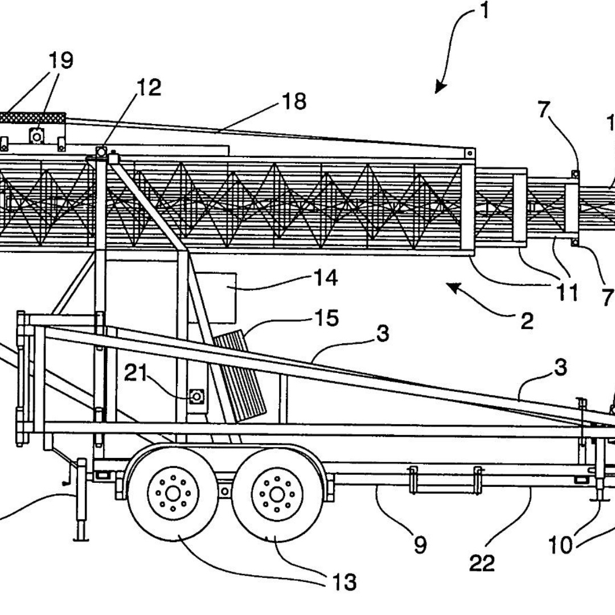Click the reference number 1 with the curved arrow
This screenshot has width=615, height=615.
[484, 11]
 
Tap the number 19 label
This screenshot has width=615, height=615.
[60, 60]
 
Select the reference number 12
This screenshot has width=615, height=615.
[149, 88]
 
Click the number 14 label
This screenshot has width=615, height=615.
[325, 278]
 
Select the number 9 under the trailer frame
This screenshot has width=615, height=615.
[419, 546]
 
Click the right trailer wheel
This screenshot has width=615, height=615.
[277, 494]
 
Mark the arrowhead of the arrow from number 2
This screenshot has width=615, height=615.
[452, 286]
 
